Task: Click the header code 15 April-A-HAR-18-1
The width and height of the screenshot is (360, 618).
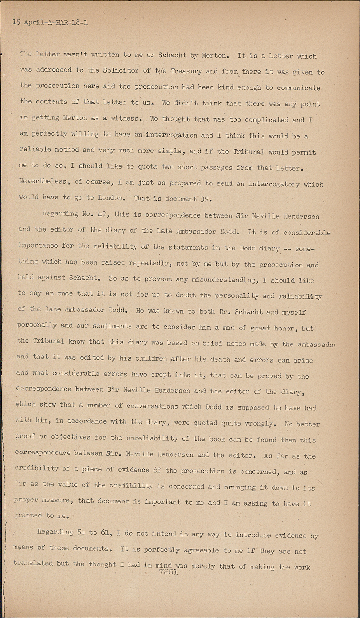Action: click(x=50, y=23)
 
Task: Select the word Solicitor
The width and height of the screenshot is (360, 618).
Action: click(x=120, y=70)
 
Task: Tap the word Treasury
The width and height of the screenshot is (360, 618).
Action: click(x=186, y=71)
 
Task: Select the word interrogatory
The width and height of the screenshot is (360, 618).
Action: click(x=274, y=184)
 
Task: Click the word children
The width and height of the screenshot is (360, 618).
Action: click(x=150, y=358)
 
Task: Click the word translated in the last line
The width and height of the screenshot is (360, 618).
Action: click(x=33, y=563)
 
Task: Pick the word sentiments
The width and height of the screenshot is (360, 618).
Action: click(x=106, y=326)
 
